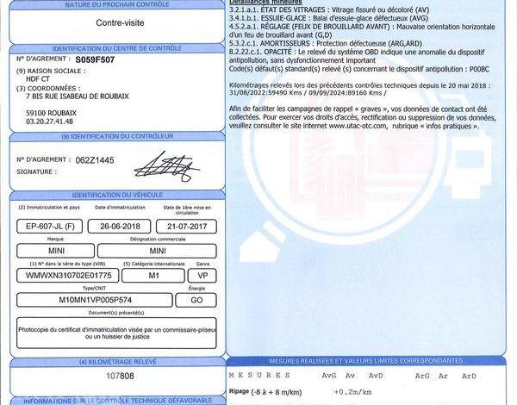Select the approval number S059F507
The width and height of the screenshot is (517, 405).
tap(94, 62)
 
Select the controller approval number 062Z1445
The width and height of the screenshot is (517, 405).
tap(95, 160)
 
